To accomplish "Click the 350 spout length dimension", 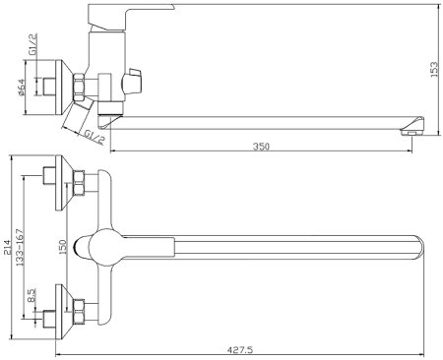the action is coord(261,146).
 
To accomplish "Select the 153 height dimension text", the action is coord(434,69).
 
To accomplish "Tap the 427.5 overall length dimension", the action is coord(240,350).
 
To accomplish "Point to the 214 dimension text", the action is coord(7,247).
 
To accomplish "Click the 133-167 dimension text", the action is coord(20,247).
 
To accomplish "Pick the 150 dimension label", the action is coord(62,247).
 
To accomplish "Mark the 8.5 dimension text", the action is coord(32,296).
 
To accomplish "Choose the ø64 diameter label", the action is coord(21,88).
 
